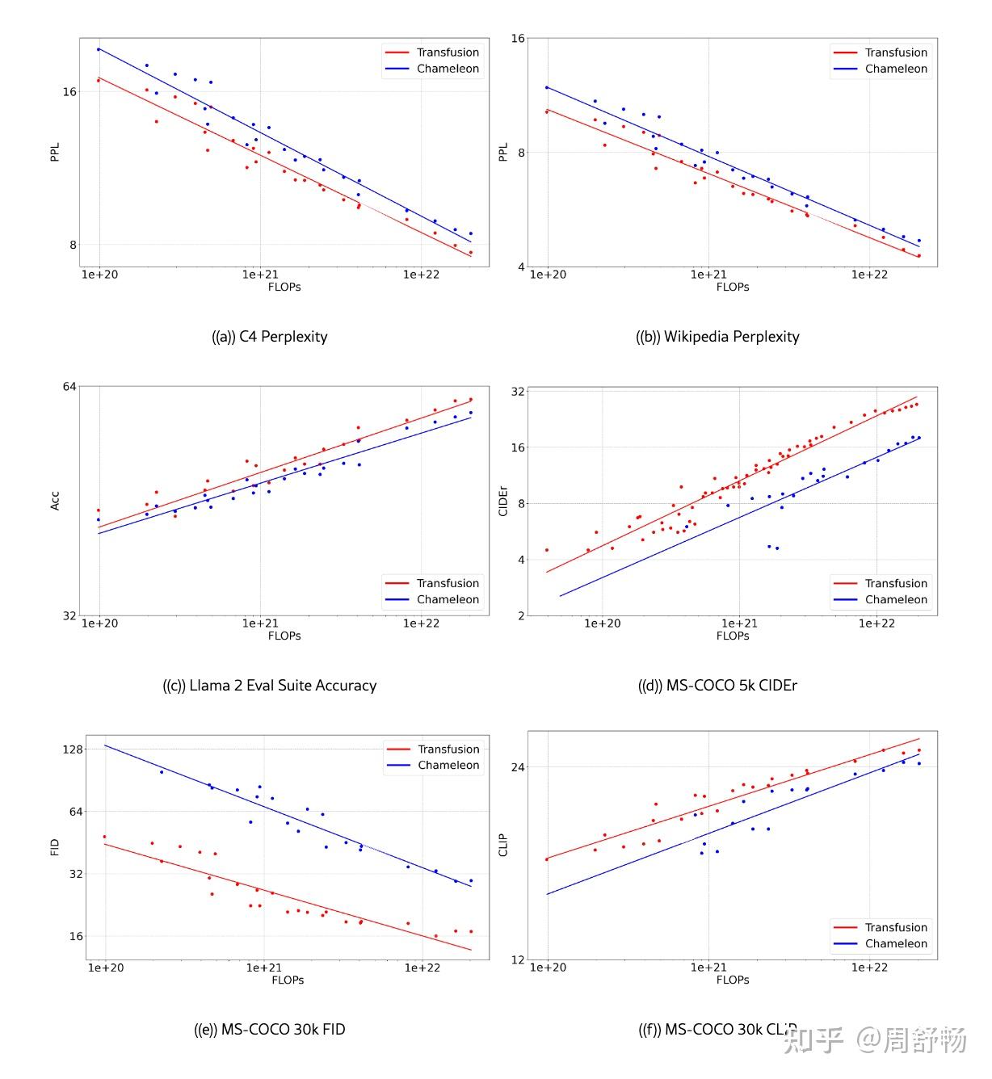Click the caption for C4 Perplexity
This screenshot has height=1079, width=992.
(269, 337)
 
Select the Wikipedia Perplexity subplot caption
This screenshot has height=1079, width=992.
(717, 337)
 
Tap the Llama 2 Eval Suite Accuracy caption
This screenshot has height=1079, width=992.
(269, 685)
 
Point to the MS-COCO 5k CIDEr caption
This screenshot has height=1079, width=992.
(717, 685)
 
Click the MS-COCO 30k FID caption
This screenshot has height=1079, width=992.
(269, 1029)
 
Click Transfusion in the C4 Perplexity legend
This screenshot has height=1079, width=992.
(448, 52)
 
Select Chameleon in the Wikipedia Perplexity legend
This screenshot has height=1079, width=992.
(896, 69)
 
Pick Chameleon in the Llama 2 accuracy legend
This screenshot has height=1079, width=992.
(448, 599)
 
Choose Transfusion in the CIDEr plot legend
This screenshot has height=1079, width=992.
(896, 583)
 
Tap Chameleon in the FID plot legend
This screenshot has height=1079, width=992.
(448, 765)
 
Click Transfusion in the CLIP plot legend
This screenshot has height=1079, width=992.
(896, 927)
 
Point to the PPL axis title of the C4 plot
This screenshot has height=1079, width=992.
(54, 152)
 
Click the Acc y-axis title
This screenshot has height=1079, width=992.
(54, 501)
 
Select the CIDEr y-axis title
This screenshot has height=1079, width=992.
(502, 501)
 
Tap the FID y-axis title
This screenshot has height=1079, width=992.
(54, 847)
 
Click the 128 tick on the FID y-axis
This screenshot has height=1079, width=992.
(74, 749)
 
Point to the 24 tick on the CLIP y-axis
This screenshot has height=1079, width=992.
(517, 767)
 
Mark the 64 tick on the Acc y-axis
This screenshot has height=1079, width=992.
(69, 387)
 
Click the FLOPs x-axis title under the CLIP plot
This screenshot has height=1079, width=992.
(733, 980)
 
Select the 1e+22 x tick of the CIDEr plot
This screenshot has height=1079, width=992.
(876, 623)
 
